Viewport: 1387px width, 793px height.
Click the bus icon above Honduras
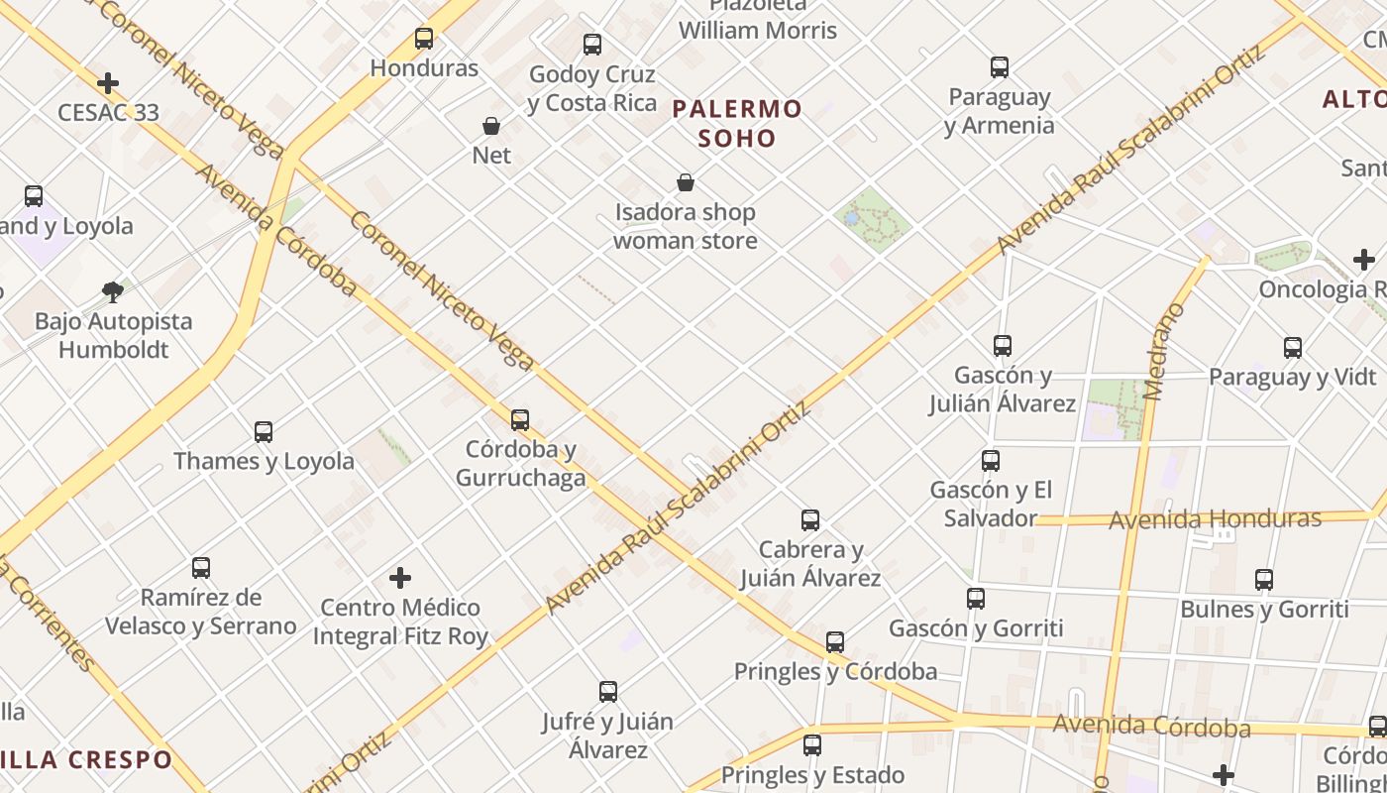[x=424, y=39]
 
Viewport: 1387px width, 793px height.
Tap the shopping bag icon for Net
[x=491, y=126]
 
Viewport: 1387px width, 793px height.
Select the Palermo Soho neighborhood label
[x=737, y=123]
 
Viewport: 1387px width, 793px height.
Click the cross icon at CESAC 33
[x=108, y=83]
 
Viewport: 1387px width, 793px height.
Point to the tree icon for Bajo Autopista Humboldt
[x=113, y=291]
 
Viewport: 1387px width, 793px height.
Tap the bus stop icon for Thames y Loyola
[x=264, y=432]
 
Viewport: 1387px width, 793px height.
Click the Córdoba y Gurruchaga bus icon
[x=520, y=420]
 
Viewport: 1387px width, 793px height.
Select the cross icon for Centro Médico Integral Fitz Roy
[x=400, y=578]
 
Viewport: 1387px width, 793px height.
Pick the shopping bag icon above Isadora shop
[x=685, y=182]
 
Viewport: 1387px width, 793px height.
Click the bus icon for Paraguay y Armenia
[x=1000, y=67]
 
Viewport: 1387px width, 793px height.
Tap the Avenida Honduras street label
[x=1215, y=519]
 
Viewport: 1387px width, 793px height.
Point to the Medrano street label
[x=1164, y=352]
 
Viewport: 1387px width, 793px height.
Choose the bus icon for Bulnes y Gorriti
[x=1264, y=580]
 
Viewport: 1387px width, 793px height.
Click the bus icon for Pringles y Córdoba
[x=835, y=642]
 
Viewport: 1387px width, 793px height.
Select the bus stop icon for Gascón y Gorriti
[x=976, y=599]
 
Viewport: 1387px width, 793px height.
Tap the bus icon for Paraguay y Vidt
[x=1293, y=348]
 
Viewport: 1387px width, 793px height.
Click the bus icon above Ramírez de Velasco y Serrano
[x=201, y=568]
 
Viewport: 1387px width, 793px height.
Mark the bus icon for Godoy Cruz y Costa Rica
[x=592, y=45]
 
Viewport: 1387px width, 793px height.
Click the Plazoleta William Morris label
[x=758, y=20]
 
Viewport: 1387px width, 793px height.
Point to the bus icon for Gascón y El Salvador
[x=991, y=461]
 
